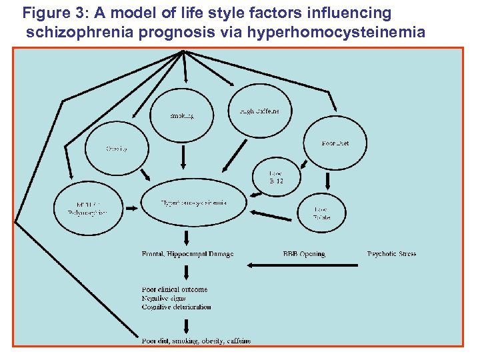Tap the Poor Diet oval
click(335, 143)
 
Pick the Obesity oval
click(116, 148)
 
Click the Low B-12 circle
click(276, 177)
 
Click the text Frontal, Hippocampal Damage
click(187, 254)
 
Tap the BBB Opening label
click(304, 254)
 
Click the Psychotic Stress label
click(391, 254)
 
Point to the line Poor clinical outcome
click(175, 289)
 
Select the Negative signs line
click(164, 298)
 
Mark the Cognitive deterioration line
click(177, 307)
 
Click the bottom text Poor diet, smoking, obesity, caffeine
click(197, 341)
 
